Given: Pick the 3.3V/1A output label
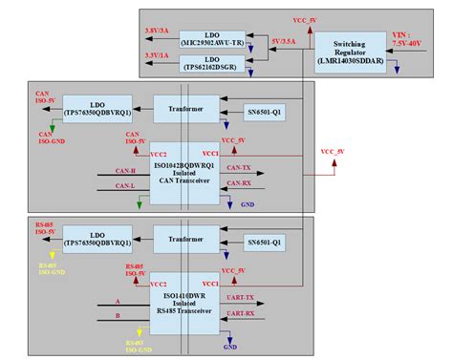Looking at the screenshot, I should (x=159, y=56).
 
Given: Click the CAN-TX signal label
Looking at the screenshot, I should (x=239, y=169).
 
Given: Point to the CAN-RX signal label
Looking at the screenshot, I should (x=239, y=184).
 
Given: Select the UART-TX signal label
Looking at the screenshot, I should (x=242, y=299).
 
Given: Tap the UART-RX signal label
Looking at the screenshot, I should (x=242, y=313).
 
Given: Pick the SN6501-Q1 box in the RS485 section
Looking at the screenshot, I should (x=263, y=242).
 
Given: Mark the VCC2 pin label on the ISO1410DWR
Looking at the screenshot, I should (x=160, y=284).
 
